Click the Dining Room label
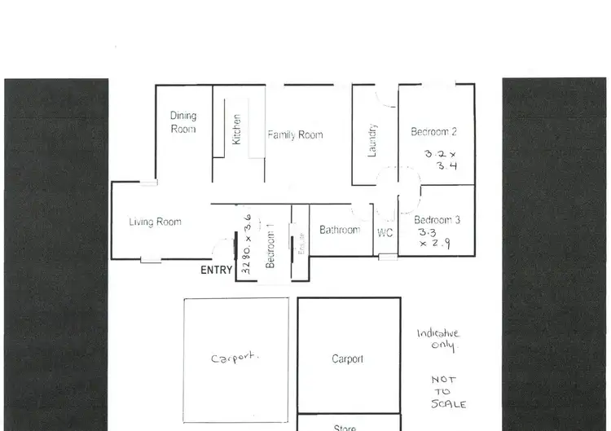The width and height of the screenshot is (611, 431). click(x=183, y=122)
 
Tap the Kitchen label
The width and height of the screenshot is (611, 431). click(x=237, y=129)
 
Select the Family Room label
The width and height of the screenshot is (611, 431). click(x=295, y=134)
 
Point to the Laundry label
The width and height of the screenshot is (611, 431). click(x=373, y=140)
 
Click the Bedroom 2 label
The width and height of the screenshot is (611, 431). click(x=433, y=132)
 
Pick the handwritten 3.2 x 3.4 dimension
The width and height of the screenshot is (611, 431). click(x=441, y=159)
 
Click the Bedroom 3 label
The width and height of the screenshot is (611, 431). click(x=437, y=220)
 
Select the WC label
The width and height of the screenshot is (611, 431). click(x=385, y=233)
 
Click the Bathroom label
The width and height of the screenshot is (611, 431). click(x=339, y=230)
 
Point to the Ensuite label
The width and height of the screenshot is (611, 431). click(x=301, y=245)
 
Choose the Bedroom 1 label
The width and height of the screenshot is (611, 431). click(x=270, y=248)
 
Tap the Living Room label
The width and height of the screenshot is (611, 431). click(x=155, y=222)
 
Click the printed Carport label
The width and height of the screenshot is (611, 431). click(x=347, y=358)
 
